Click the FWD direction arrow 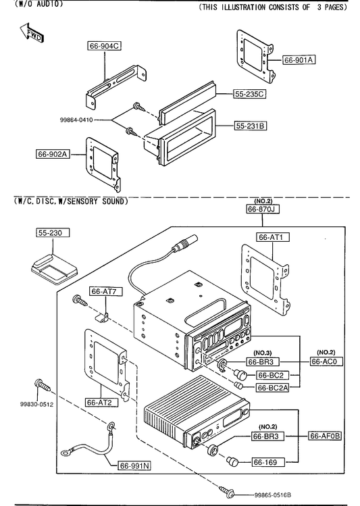[x=31, y=32]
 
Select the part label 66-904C [x=104, y=46]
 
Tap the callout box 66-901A [x=299, y=59]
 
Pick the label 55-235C [x=249, y=94]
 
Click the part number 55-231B [x=251, y=126]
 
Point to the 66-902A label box [x=53, y=154]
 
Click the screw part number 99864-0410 [x=76, y=120]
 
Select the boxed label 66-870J [x=263, y=209]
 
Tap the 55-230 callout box [x=53, y=232]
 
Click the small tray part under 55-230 [x=54, y=268]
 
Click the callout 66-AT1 [x=273, y=237]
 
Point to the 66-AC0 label [x=326, y=361]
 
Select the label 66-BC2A [x=273, y=388]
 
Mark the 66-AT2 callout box [x=101, y=402]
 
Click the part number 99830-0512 [x=36, y=405]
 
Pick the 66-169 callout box [x=268, y=463]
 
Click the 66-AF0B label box [x=325, y=436]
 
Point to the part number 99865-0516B [x=273, y=495]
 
